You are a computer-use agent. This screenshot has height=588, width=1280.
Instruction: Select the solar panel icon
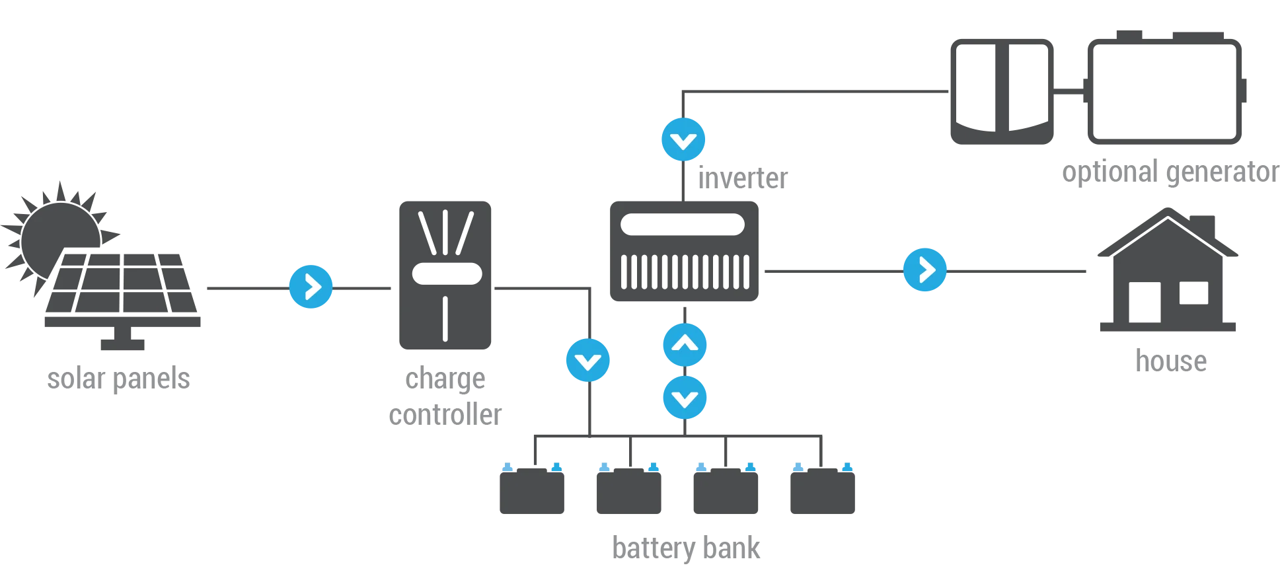tap(122, 291)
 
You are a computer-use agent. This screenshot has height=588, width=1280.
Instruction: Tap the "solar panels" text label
tap(119, 380)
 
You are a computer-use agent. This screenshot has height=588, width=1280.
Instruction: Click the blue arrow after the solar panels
tap(311, 287)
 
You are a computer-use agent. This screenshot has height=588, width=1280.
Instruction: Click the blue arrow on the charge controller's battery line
tap(588, 361)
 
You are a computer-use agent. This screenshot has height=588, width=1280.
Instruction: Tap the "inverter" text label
tap(744, 178)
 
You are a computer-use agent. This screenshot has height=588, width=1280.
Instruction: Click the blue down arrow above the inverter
tap(684, 140)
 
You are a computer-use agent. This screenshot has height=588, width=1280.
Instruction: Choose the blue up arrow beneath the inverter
tap(685, 345)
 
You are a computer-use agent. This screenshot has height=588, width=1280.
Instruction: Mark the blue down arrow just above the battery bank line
tap(685, 398)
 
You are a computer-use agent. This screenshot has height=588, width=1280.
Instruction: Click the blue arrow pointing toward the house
tap(924, 270)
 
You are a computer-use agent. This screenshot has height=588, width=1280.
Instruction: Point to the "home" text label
tap(1172, 361)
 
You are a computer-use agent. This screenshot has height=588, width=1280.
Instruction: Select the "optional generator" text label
tap(1170, 174)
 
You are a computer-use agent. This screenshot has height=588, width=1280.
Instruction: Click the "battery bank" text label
tap(687, 548)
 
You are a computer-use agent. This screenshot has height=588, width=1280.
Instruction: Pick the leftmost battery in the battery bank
tap(531, 492)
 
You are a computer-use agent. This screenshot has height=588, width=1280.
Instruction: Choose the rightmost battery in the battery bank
tap(821, 492)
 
